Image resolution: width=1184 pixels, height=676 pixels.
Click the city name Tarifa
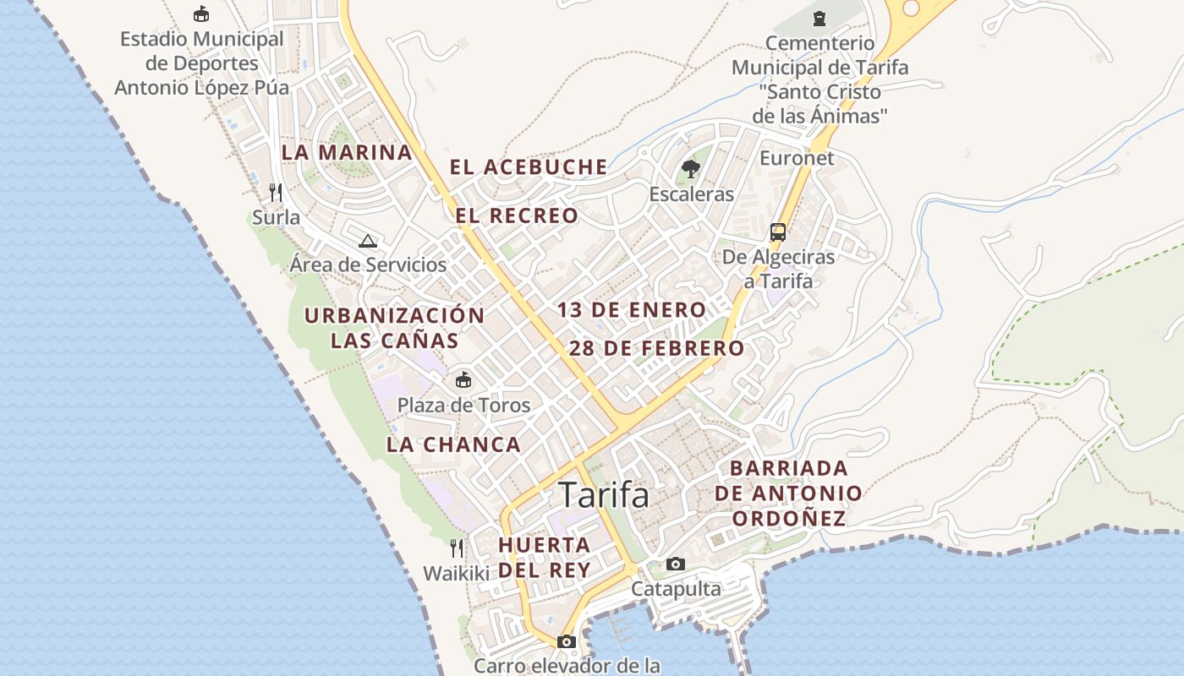point(604,495)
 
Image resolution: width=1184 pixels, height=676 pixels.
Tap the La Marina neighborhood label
point(347,153)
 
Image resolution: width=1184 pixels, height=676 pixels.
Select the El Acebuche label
point(529,167)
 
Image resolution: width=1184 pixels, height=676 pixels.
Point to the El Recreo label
point(517,215)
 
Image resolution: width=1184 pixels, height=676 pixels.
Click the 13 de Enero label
point(631,310)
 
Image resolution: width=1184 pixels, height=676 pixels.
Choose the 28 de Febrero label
point(656,348)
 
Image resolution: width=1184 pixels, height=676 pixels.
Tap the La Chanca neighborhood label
point(453,444)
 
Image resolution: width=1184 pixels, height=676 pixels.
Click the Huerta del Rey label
point(545,557)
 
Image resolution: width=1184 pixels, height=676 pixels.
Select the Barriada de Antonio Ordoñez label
point(788,493)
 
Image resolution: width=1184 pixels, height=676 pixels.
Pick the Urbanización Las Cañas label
point(394,328)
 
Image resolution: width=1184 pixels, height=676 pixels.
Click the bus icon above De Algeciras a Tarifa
point(777,232)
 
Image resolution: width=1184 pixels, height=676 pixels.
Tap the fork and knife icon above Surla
point(275,192)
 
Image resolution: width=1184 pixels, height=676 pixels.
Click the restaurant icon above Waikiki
point(457,548)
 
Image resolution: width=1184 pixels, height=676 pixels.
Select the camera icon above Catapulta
point(675,564)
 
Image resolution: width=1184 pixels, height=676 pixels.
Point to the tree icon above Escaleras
point(691,169)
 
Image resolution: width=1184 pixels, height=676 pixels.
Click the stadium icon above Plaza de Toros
point(463,379)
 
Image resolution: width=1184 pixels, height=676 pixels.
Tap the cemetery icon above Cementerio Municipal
point(819,18)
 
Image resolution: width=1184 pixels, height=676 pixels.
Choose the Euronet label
point(797,158)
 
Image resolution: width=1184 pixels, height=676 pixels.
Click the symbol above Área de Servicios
point(367,241)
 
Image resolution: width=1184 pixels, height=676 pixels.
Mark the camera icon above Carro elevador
point(567,641)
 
